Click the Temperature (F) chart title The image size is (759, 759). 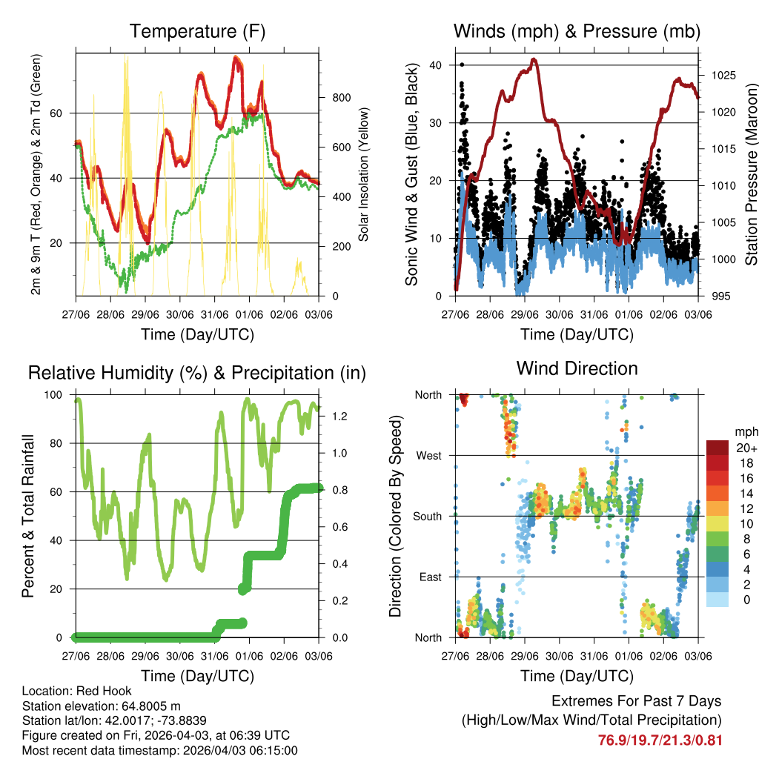197,31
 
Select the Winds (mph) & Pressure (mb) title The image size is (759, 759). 577,31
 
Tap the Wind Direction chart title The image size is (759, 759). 577,368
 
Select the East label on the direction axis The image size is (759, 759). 430,577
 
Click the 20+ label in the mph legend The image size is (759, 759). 744,447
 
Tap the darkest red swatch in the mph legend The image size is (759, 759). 717,448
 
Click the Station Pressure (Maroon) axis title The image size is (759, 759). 750,174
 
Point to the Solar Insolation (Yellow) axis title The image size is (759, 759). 364,174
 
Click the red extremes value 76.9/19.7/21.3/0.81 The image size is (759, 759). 660,740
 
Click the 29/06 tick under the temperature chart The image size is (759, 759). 145,305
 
